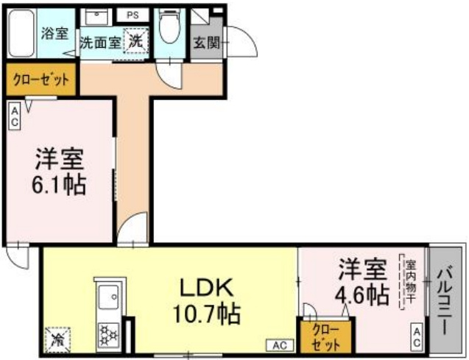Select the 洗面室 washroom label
point(99,43)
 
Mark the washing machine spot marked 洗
point(136,41)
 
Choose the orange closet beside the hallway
point(41,80)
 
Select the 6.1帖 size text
point(59,184)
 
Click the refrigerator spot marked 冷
point(57,339)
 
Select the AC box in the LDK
point(280,345)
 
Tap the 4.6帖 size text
point(362,294)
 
